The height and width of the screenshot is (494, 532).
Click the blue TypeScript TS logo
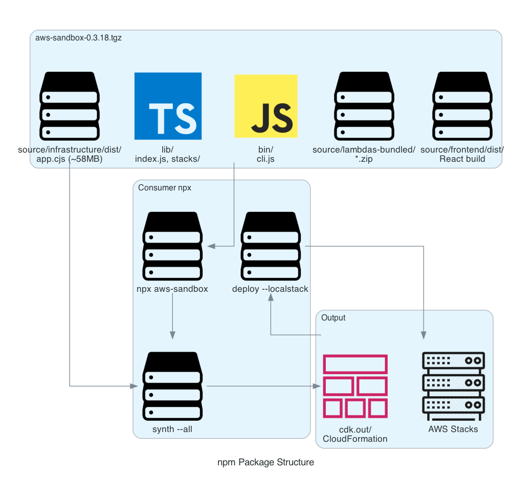click(x=168, y=106)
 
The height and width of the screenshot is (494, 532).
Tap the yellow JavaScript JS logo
click(x=265, y=106)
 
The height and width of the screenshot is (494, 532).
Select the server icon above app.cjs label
click(x=70, y=106)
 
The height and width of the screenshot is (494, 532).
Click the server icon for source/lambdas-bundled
click(x=364, y=106)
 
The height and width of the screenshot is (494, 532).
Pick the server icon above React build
click(x=462, y=106)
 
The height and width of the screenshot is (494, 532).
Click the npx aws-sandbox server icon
click(x=172, y=246)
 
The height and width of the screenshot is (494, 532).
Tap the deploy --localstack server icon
click(x=270, y=246)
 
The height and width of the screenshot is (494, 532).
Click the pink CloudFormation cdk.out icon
click(x=356, y=386)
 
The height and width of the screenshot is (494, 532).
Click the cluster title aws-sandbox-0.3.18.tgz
click(x=78, y=38)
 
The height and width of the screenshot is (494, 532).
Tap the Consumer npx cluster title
click(x=165, y=188)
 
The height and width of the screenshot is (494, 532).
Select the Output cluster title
click(x=333, y=318)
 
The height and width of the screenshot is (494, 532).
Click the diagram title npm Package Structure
click(x=265, y=462)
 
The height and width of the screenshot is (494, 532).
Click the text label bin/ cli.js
click(x=265, y=154)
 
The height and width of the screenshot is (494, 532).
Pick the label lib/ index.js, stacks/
click(x=167, y=154)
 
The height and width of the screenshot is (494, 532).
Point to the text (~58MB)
click(x=85, y=159)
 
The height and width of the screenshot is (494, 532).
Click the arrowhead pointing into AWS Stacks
click(x=424, y=335)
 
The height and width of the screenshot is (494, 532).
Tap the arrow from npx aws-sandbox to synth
click(x=172, y=317)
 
